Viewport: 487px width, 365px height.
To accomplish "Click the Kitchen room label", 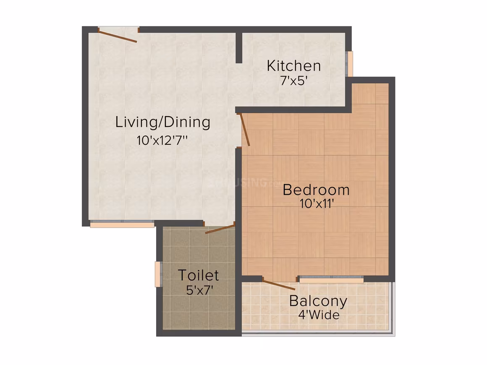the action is (293, 66).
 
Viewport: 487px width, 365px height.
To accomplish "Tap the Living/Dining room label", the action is (163, 122).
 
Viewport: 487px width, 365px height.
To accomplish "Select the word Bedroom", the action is (316, 190).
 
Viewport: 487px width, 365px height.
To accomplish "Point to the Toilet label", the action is (198, 275).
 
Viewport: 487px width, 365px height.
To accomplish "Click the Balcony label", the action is (318, 301).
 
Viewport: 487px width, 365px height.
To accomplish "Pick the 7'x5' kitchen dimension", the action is (294, 81).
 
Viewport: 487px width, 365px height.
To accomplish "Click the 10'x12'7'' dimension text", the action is (162, 141).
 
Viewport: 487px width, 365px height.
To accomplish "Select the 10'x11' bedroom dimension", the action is (317, 203).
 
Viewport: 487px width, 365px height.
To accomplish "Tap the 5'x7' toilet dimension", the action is (199, 290).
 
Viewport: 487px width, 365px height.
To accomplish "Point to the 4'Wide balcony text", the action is (319, 315).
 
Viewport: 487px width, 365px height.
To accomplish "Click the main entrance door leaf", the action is (118, 36).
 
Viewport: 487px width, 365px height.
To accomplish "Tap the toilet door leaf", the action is (220, 229).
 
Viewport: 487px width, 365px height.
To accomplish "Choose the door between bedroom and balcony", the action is (279, 285).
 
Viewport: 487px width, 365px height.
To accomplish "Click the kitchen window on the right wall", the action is (350, 64).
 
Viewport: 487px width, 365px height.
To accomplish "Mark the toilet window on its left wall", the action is (158, 274).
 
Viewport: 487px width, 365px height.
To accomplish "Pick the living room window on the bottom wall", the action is (122, 224).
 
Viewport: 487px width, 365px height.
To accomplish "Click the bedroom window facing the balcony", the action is (331, 280).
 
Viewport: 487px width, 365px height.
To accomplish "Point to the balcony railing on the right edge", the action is (394, 308).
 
